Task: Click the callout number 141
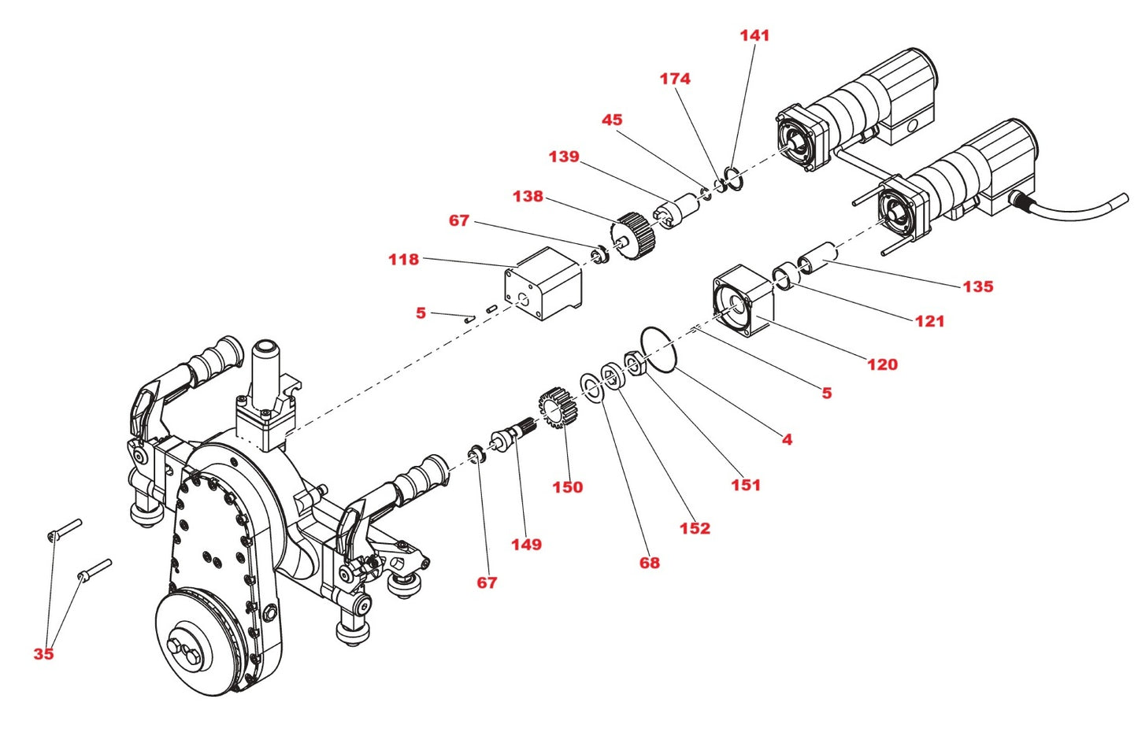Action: coord(754,35)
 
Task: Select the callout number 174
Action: coord(675,79)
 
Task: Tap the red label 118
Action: coord(403,260)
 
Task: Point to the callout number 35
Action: coord(43,654)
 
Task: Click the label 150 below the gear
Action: coord(567,487)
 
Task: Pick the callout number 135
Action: coord(977,287)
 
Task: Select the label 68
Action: coord(649,563)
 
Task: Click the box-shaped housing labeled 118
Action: coord(543,283)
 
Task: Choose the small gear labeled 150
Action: coord(558,408)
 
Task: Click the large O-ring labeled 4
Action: coord(658,349)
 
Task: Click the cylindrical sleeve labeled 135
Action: coord(816,257)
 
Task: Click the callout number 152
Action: coord(695,528)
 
